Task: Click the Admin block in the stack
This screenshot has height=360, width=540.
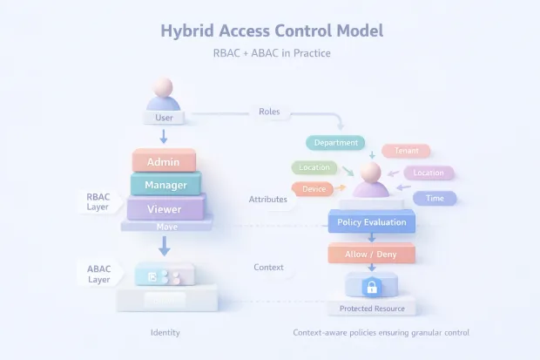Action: pyautogui.click(x=164, y=162)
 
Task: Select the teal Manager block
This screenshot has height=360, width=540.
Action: pyautogui.click(x=165, y=185)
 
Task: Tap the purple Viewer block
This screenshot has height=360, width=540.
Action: pyautogui.click(x=165, y=209)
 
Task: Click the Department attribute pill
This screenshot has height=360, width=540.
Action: pyautogui.click(x=334, y=141)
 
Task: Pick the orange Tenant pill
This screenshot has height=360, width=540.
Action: pyautogui.click(x=406, y=151)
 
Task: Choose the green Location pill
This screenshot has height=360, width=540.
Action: pyautogui.click(x=314, y=166)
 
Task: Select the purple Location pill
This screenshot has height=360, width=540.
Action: pyautogui.click(x=428, y=173)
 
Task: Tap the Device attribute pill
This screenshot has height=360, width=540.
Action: pyautogui.click(x=314, y=188)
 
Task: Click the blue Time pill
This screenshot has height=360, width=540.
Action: pyautogui.click(x=434, y=199)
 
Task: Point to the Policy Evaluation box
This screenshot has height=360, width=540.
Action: pyautogui.click(x=372, y=222)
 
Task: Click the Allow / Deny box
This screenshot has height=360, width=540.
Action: pyautogui.click(x=372, y=254)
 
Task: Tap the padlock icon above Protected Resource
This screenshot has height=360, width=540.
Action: pyautogui.click(x=371, y=286)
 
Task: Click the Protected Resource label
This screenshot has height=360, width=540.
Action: pyautogui.click(x=371, y=309)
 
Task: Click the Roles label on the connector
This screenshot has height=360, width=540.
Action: pyautogui.click(x=268, y=112)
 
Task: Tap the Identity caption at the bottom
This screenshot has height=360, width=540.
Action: pyautogui.click(x=165, y=333)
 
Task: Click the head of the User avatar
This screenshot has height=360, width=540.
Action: pyautogui.click(x=163, y=88)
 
